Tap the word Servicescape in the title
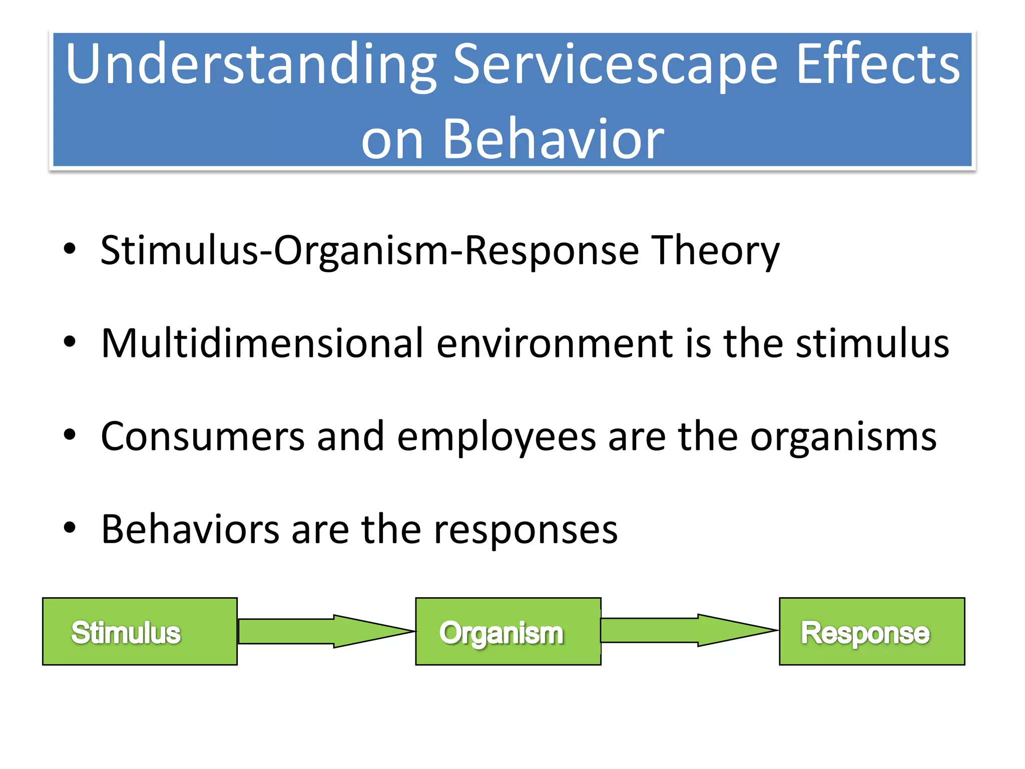[615, 65]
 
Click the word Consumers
[203, 437]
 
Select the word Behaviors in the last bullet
[190, 530]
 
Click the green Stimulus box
[140, 631]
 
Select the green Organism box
[508, 631]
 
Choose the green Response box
[872, 631]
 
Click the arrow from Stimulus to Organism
[320, 631]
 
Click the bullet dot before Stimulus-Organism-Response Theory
[70, 249]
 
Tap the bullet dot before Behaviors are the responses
[70, 528]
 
